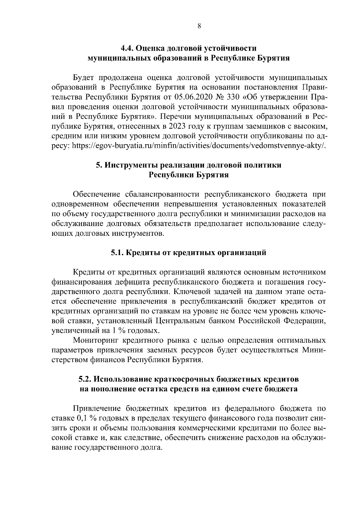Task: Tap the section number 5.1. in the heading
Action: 117,253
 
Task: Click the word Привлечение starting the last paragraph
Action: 97,409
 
